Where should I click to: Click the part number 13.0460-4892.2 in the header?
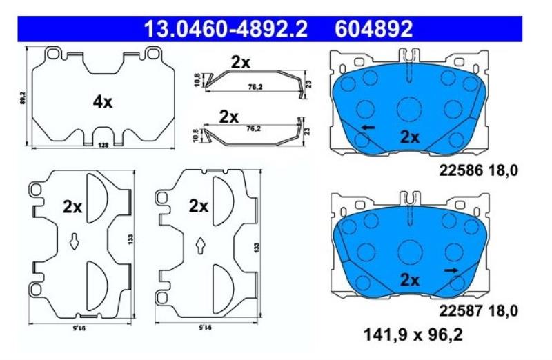click(x=226, y=29)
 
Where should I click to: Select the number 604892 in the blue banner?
click(x=373, y=29)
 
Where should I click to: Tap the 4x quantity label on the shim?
click(x=103, y=102)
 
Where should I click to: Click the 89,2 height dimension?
click(x=23, y=98)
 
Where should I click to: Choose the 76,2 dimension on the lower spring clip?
click(x=253, y=129)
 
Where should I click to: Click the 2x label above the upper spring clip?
click(x=241, y=63)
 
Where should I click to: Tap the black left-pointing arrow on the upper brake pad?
click(x=369, y=127)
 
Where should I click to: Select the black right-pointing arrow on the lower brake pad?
click(x=451, y=270)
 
